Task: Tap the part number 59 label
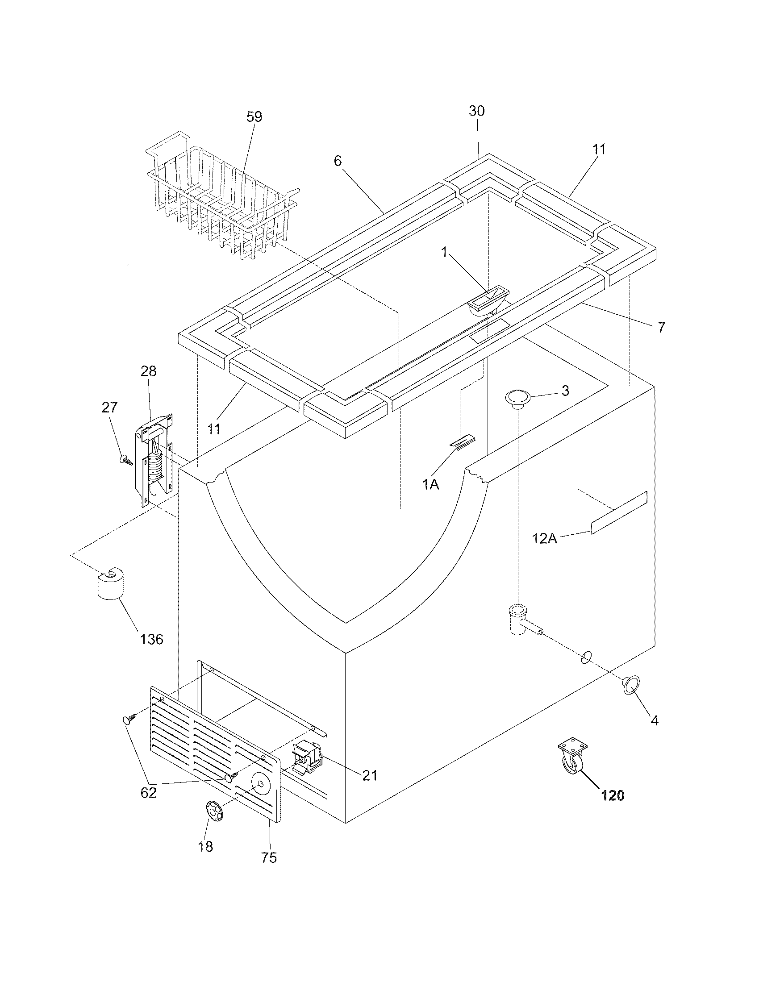254,117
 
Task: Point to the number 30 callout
477,111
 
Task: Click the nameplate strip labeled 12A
619,512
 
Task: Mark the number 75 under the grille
269,857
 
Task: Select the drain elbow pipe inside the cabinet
521,620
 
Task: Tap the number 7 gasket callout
660,327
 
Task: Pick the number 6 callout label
338,161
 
